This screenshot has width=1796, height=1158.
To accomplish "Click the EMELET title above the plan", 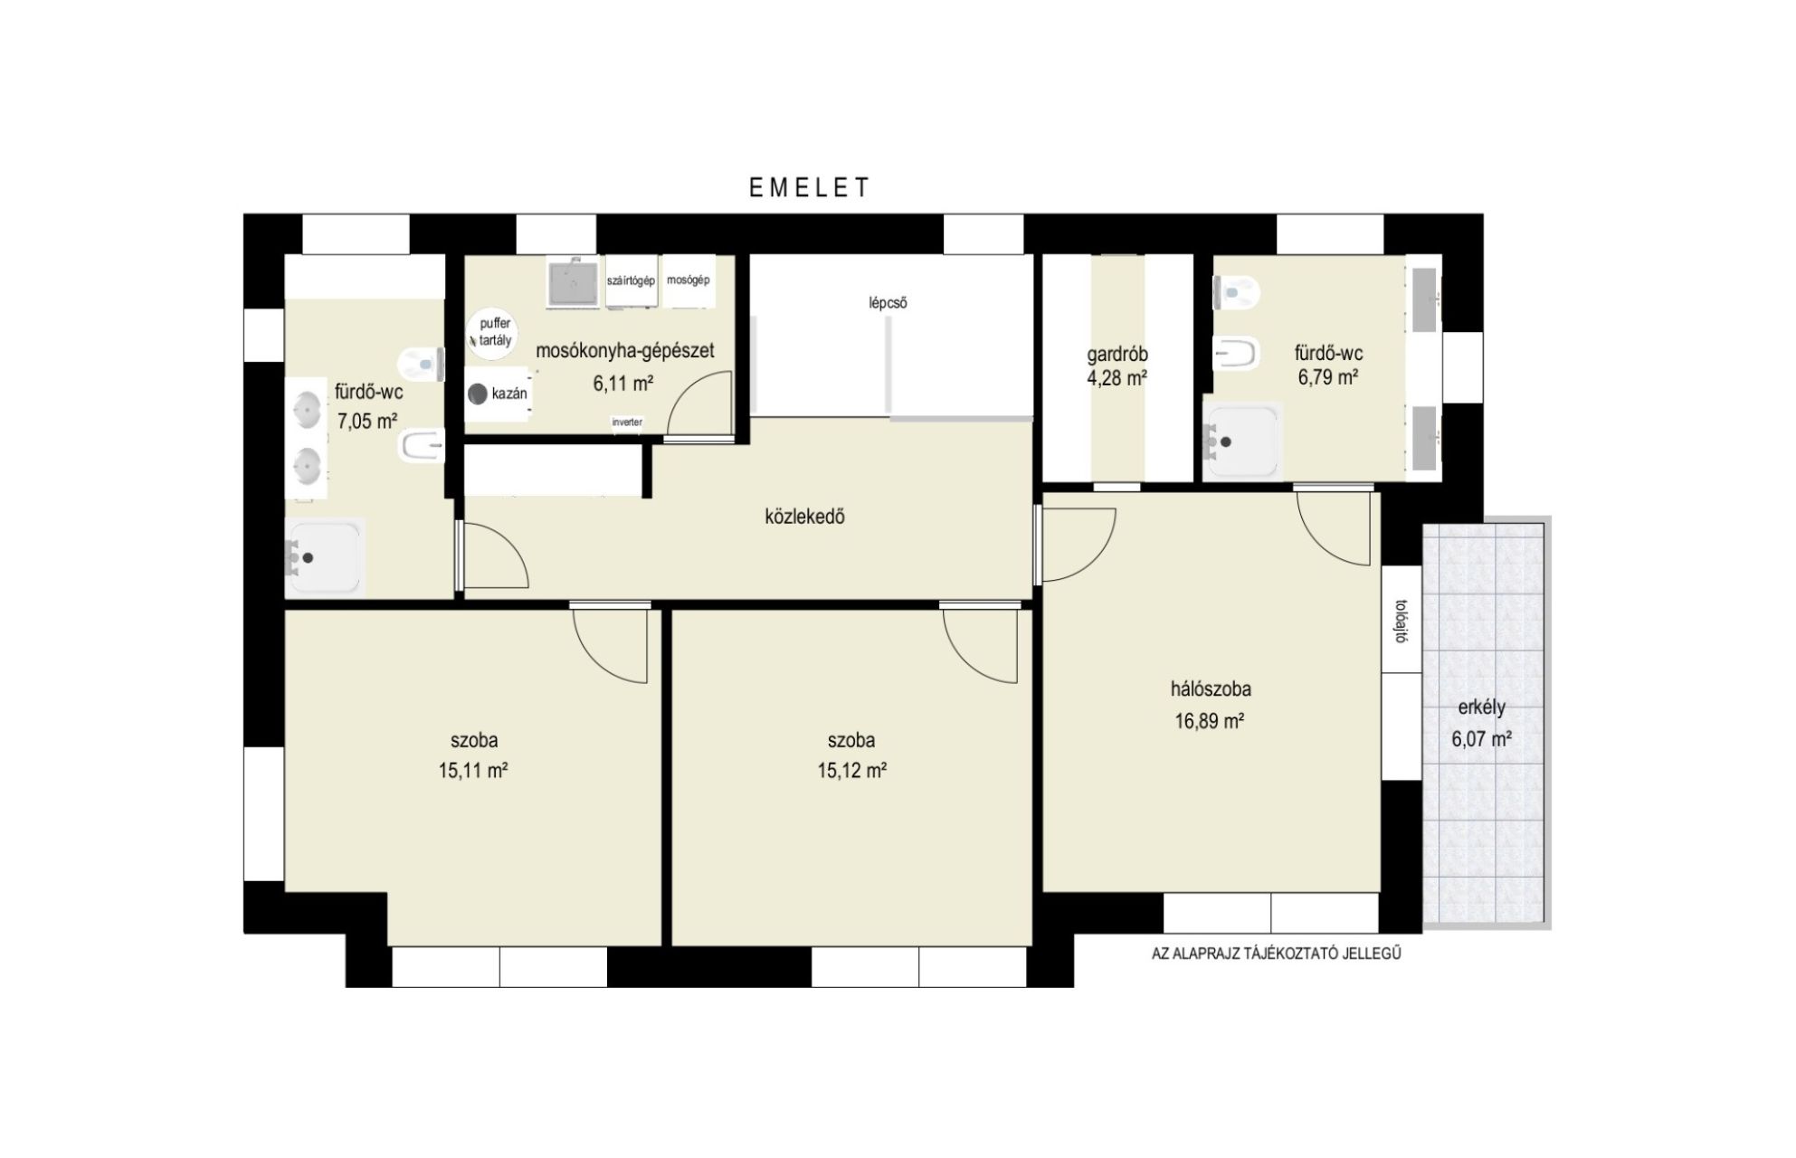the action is pyautogui.click(x=809, y=187).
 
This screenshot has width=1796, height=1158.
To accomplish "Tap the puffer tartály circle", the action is pyautogui.click(x=493, y=333).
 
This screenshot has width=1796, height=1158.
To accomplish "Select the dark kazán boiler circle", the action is pyautogui.click(x=477, y=394).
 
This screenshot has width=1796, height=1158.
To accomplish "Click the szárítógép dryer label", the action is pyautogui.click(x=631, y=280).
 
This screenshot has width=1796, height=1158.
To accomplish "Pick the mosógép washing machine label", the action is pyautogui.click(x=688, y=280).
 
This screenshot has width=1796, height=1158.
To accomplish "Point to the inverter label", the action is pyautogui.click(x=627, y=422).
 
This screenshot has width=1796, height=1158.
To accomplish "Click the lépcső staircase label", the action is pyautogui.click(x=888, y=303).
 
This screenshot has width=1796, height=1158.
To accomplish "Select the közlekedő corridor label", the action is pyautogui.click(x=804, y=517).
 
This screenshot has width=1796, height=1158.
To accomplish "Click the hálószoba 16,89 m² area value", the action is pyautogui.click(x=1210, y=721).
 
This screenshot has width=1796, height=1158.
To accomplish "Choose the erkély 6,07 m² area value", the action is pyautogui.click(x=1482, y=739).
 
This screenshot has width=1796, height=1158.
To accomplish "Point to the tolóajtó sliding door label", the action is pyautogui.click(x=1401, y=621).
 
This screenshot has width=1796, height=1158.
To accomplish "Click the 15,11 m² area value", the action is pyautogui.click(x=473, y=771).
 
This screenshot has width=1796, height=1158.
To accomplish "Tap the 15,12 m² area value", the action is pyautogui.click(x=851, y=771).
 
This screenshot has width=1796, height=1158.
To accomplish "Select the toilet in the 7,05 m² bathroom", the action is pyautogui.click(x=422, y=364).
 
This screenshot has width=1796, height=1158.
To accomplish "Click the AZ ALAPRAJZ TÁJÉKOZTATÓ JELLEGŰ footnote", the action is pyautogui.click(x=1276, y=954).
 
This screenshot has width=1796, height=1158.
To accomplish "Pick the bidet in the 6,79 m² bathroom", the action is pyautogui.click(x=1236, y=353).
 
